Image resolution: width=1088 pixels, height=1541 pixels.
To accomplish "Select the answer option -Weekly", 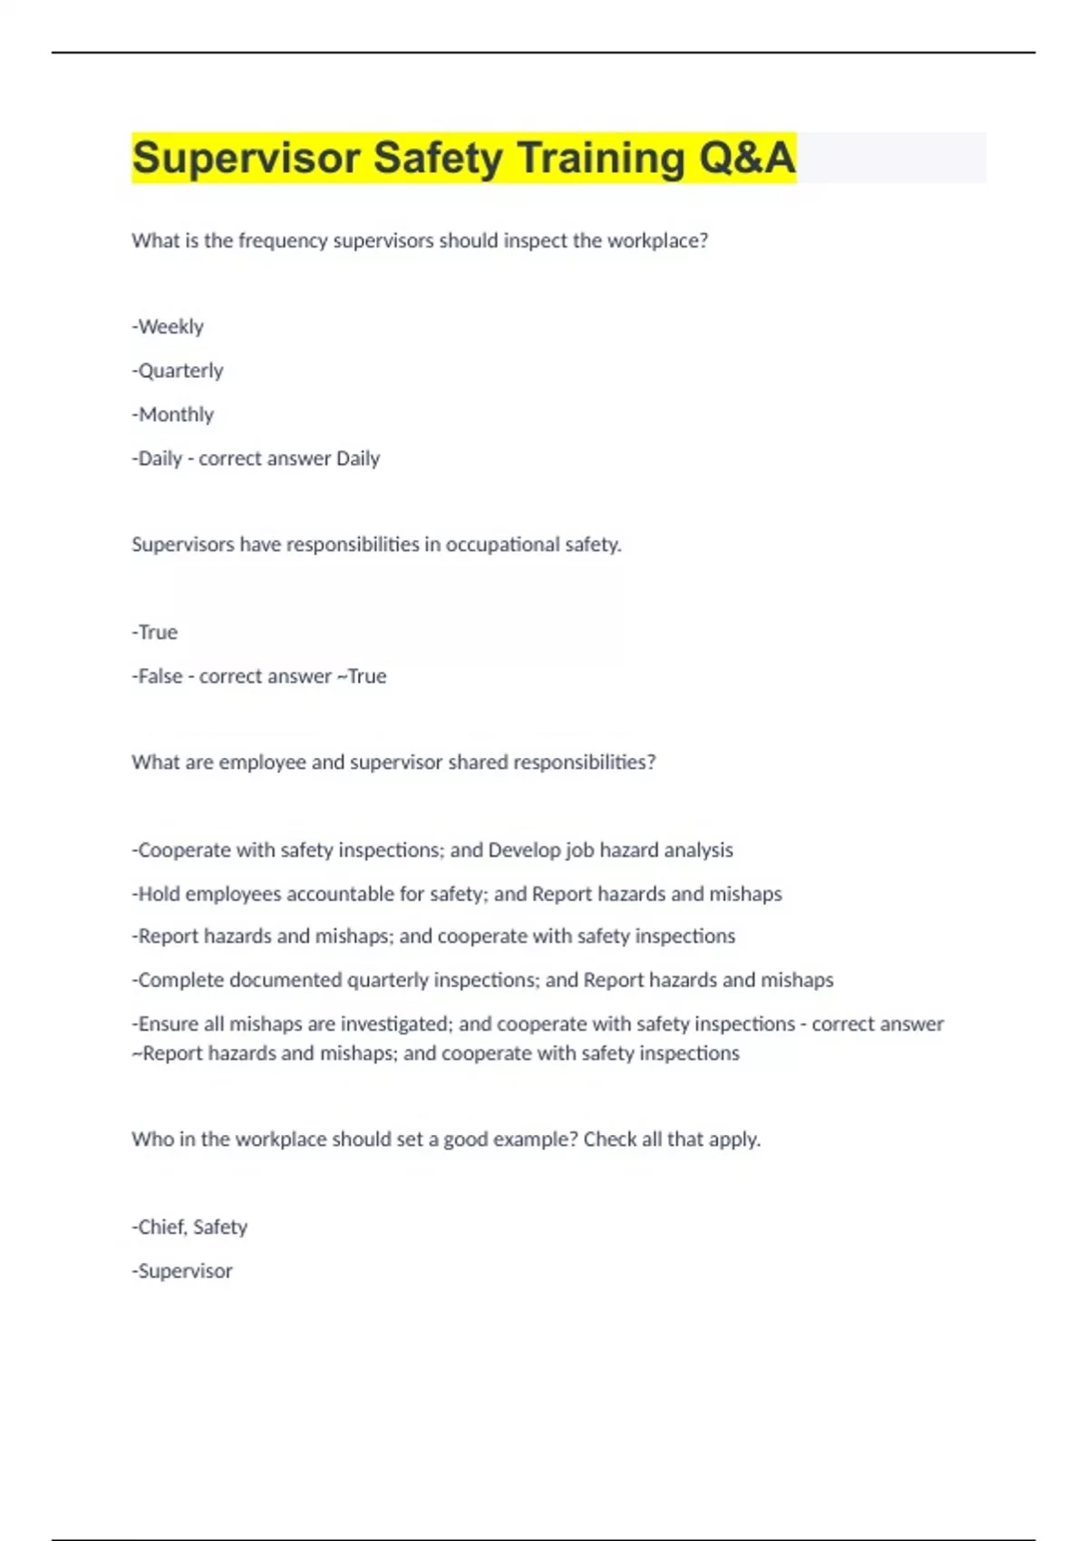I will [x=168, y=326].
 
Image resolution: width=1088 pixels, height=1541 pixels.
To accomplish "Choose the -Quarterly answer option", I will [x=178, y=371].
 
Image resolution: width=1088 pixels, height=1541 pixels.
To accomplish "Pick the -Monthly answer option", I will [x=173, y=414].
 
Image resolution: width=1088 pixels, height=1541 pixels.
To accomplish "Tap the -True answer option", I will [x=155, y=633].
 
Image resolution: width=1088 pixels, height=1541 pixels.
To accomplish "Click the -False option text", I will [x=158, y=676].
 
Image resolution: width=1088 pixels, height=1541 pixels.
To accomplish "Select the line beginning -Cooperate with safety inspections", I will [x=432, y=850].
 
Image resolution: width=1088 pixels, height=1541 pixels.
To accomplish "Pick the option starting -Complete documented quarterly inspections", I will [x=482, y=980].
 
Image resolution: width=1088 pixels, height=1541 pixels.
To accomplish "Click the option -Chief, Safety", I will [x=189, y=1227].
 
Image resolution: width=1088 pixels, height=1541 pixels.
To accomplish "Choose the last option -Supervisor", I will [x=182, y=1271].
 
